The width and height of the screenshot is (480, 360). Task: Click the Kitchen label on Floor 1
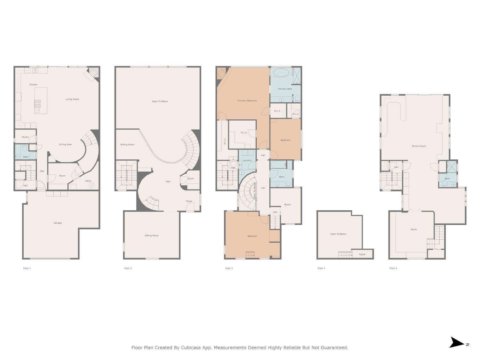33,84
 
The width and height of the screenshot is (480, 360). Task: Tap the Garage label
58,223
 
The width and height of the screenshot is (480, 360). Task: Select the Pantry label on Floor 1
25,137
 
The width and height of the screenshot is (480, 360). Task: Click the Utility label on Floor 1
88,181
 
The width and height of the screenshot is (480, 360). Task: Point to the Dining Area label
65,144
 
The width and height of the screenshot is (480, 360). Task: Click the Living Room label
72,99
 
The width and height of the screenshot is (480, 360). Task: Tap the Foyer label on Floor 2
189,201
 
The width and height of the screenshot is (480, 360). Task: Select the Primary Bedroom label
247,100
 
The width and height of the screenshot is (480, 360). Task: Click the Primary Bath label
285,89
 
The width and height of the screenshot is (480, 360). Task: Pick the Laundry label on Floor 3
247,160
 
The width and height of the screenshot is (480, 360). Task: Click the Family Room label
419,146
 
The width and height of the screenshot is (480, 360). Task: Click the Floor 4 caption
321,268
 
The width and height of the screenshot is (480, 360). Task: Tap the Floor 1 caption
27,268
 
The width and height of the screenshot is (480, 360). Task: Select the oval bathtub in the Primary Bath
281,72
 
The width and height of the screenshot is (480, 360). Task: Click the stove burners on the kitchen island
37,103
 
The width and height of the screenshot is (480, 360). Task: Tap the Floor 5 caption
393,268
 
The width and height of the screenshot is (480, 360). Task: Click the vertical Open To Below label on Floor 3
255,191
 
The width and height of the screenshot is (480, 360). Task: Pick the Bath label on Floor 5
447,179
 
